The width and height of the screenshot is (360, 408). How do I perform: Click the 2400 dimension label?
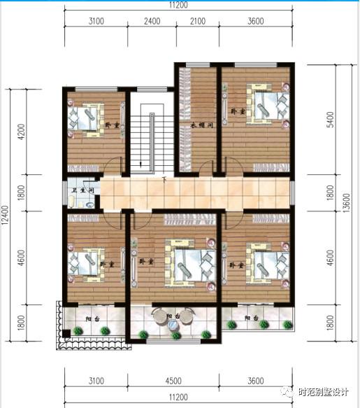(152, 21)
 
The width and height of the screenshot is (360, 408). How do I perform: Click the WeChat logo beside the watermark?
(288, 392)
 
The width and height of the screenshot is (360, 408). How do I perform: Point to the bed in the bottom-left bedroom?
(85, 264)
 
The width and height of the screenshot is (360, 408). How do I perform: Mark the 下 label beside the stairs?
(164, 180)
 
